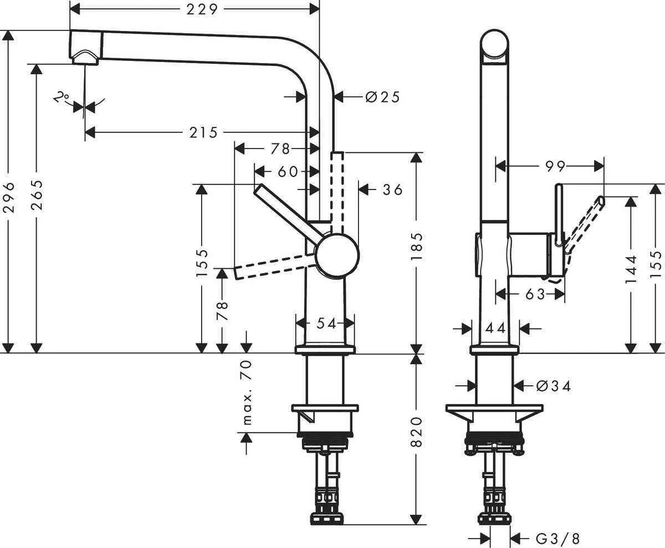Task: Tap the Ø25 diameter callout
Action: click(x=382, y=98)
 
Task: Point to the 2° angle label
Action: click(x=61, y=98)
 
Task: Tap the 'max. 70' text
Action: click(x=247, y=392)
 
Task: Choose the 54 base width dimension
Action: click(x=327, y=324)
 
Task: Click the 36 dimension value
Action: click(x=392, y=190)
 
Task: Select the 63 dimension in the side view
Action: click(x=535, y=294)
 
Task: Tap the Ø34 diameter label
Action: click(x=554, y=385)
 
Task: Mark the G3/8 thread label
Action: click(x=558, y=537)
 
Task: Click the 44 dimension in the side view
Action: click(x=495, y=329)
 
